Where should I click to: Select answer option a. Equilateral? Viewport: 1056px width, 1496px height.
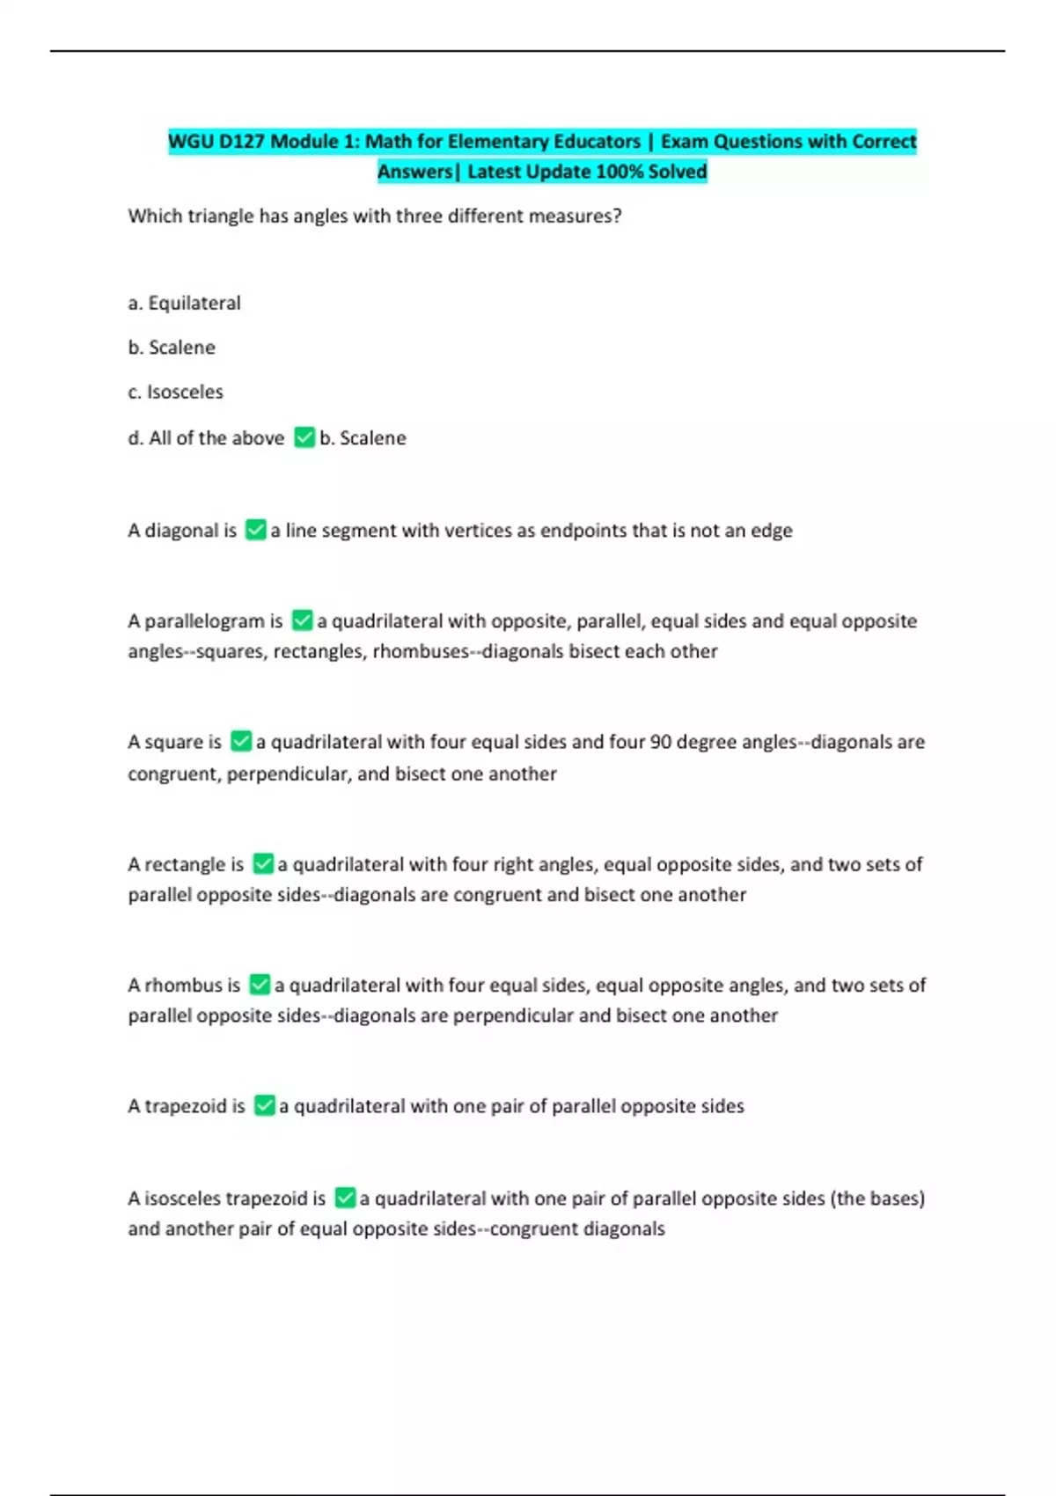pos(184,304)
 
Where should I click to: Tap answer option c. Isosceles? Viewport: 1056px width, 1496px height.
pos(175,392)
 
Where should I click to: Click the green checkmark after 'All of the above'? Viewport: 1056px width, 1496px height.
pos(304,437)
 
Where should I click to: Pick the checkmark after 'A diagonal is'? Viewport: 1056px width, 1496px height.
pos(255,530)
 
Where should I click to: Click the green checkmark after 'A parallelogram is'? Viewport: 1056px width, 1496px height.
pos(302,620)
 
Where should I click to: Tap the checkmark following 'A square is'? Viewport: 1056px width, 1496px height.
pos(240,742)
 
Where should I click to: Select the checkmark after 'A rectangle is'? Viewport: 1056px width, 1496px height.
pos(263,864)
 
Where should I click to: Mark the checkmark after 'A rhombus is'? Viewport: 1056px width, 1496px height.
pos(260,985)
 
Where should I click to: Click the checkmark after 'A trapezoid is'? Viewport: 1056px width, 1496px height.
pos(264,1105)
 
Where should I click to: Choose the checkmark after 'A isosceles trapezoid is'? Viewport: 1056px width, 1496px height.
pos(345,1198)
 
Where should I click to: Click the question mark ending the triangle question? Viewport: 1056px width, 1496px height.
pos(618,216)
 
